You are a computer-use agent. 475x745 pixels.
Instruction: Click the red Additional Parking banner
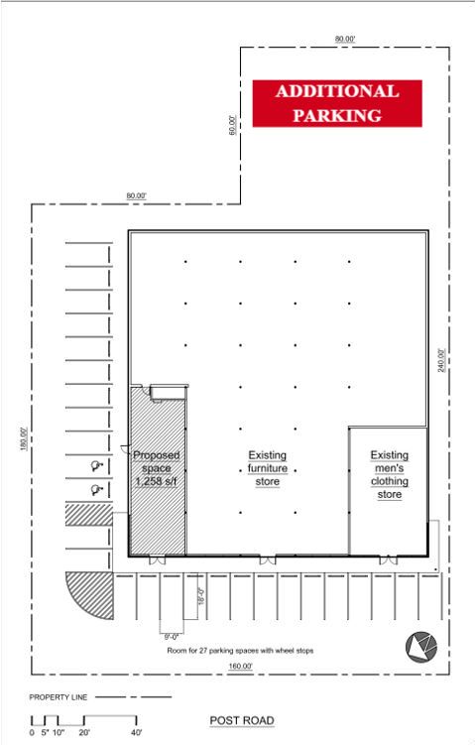pos(337,103)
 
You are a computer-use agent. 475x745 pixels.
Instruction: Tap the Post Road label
pos(242,721)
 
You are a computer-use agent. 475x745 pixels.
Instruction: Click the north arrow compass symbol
pos(421,647)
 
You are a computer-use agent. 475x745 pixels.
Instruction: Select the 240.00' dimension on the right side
pos(441,360)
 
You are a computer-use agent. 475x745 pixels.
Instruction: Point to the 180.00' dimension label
pos(24,438)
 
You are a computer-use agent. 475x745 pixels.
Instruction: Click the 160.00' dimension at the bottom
pos(240,666)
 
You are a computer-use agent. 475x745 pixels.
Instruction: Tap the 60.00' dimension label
pos(232,125)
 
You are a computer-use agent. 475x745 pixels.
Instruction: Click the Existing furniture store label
pos(268,468)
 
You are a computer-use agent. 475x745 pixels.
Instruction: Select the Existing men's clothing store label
pos(390,474)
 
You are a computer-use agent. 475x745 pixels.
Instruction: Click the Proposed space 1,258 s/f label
pos(157,468)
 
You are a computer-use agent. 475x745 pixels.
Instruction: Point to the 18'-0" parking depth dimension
pos(201,596)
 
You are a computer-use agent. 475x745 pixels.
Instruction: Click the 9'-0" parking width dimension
pos(171,637)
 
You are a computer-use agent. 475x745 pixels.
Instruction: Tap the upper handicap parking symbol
pos(96,465)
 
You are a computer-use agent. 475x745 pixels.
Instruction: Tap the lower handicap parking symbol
pos(96,489)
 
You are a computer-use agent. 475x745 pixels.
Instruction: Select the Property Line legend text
pos(58,697)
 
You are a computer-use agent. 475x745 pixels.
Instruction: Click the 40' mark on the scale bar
pos(136,733)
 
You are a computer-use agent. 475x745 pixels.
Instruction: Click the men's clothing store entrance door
pos(389,560)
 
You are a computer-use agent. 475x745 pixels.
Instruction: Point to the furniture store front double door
pos(268,560)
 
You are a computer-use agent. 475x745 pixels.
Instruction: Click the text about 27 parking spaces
pos(240,651)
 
